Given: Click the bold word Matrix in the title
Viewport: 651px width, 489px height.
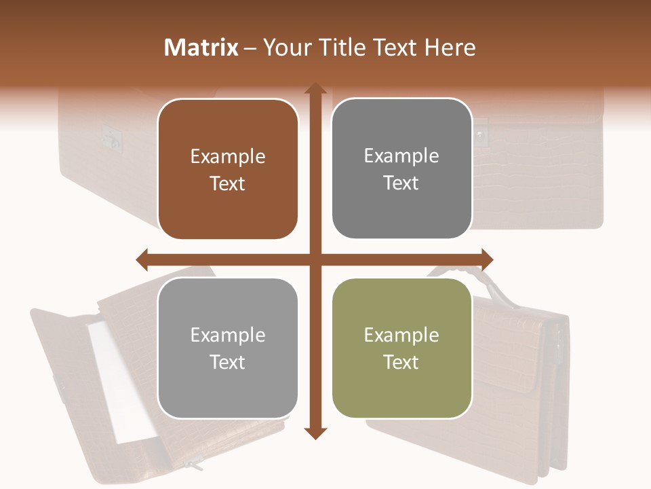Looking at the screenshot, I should click(201, 48).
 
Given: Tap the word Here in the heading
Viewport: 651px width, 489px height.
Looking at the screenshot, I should click(450, 48).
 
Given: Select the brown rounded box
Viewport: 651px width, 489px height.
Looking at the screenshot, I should click(228, 169).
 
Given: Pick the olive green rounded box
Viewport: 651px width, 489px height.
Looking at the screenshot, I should click(401, 348).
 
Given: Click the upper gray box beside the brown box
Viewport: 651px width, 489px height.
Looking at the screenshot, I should click(401, 168).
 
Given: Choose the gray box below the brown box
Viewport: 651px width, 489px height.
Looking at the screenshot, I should click(228, 348).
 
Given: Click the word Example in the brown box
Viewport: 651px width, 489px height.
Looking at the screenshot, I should click(228, 157).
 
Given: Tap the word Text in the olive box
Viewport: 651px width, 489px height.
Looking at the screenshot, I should click(401, 362).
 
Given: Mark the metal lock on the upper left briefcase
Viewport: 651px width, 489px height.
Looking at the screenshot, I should click(109, 138).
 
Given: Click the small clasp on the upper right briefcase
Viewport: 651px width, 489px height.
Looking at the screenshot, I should click(481, 134).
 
